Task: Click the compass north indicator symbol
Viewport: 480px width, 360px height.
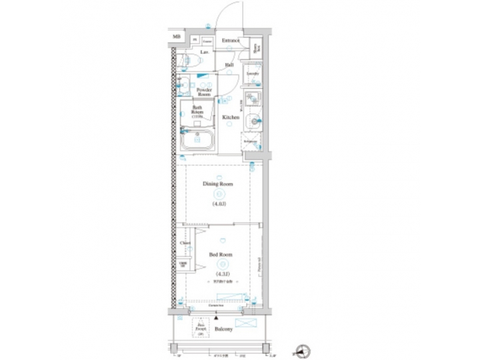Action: [x=307, y=349]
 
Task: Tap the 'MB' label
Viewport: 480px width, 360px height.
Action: [x=177, y=37]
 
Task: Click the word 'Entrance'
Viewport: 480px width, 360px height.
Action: [x=231, y=41]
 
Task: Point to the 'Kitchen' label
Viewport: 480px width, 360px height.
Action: [x=231, y=117]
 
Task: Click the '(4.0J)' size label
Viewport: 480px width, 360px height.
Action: [x=219, y=203]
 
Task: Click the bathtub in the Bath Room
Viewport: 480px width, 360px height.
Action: [x=197, y=139]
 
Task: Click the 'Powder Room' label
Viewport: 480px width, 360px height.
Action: [x=204, y=92]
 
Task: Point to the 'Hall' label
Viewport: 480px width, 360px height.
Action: [x=229, y=65]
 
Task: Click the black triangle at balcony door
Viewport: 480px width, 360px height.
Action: [x=215, y=319]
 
